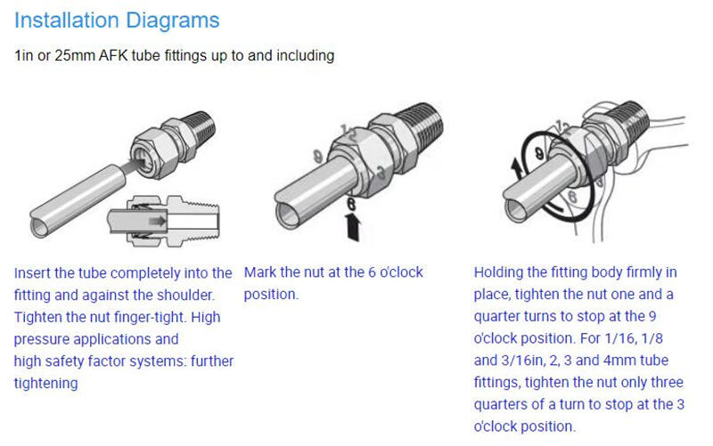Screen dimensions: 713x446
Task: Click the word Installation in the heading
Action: pos(66,20)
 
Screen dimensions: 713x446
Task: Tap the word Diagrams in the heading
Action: pos(172,21)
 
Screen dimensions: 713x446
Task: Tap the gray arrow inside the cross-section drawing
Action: pos(158,221)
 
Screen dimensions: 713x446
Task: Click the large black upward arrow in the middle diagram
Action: pos(352,227)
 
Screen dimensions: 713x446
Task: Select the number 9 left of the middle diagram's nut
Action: pos(318,158)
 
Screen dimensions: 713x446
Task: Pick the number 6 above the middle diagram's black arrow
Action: pos(351,203)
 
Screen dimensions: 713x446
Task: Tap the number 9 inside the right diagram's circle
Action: pos(539,153)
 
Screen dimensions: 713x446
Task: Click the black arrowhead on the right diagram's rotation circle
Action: pos(517,166)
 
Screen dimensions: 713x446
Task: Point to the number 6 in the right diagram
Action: pos(572,197)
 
